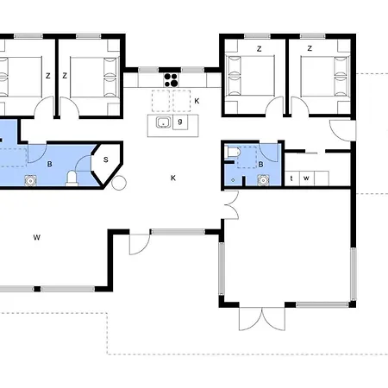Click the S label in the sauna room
[105, 160]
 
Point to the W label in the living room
[37, 235]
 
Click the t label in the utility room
[292, 178]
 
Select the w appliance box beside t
[306, 178]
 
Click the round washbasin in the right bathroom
[262, 180]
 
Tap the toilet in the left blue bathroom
[74, 178]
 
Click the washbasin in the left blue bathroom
[31, 180]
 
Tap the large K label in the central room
[172, 178]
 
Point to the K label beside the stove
[197, 102]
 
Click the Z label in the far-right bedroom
[309, 49]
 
